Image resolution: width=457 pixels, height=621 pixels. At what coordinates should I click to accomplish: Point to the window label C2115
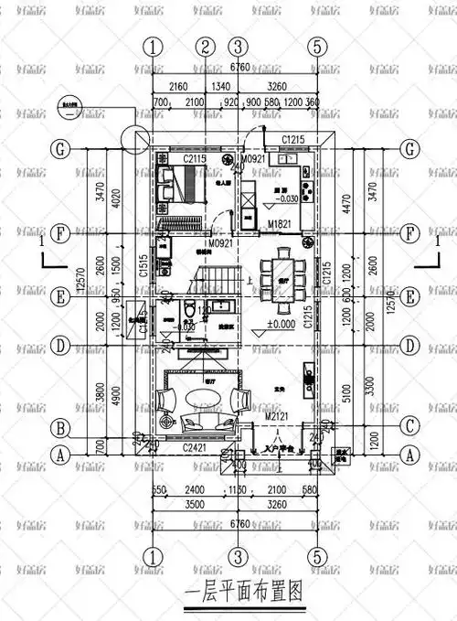tap(194, 159)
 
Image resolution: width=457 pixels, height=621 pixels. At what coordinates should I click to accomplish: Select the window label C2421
tap(195, 448)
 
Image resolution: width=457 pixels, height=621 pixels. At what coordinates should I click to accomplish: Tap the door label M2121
tap(278, 418)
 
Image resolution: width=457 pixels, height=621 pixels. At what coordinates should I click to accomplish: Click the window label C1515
tap(143, 266)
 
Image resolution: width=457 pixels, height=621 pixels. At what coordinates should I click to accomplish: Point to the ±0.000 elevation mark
tap(280, 324)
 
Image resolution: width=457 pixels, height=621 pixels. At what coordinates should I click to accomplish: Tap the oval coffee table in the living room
tap(204, 399)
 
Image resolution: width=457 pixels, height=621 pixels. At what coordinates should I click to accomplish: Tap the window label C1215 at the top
tap(292, 138)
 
